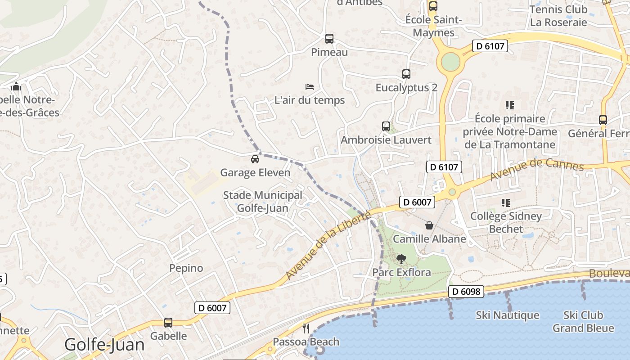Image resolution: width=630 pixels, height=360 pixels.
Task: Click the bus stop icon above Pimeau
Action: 329,39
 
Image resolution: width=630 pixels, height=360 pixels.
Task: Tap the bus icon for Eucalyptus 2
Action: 406,74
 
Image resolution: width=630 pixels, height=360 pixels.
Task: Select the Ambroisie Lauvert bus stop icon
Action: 386,126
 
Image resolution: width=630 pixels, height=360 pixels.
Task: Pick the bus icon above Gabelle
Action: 168,323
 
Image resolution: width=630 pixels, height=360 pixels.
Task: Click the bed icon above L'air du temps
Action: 310,86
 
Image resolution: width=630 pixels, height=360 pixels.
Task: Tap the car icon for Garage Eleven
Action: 255,159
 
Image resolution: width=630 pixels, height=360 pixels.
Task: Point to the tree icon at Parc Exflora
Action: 401,259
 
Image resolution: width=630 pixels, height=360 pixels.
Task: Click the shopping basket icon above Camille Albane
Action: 429,225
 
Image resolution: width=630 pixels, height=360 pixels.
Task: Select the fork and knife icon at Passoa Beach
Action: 306,328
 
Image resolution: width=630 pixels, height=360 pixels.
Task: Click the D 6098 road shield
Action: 466,292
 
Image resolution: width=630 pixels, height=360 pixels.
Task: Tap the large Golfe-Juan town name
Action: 104,345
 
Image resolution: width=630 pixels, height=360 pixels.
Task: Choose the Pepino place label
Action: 186,268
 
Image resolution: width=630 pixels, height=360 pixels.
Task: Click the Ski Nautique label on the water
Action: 507,315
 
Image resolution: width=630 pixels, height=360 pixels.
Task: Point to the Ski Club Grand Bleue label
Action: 583,321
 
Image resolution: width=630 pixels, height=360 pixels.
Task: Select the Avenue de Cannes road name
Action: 536,169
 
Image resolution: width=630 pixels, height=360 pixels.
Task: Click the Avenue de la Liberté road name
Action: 328,246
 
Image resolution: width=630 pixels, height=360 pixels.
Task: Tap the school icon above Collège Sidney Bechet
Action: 506,203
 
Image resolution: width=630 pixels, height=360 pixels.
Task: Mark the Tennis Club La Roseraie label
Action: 558,16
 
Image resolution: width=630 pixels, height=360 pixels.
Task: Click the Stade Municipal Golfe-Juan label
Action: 263,202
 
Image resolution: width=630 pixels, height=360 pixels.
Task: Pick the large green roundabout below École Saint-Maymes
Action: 450,62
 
